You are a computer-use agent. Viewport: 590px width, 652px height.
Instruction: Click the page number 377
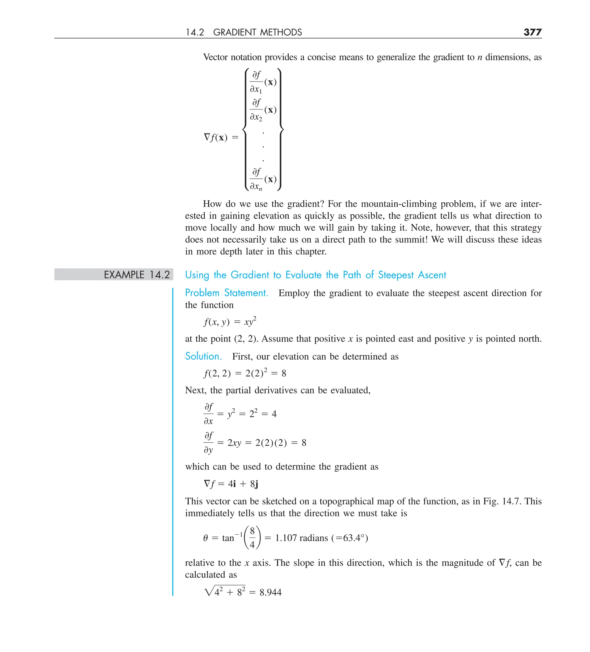[x=532, y=32]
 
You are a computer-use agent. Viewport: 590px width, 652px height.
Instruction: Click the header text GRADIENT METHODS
[x=257, y=32]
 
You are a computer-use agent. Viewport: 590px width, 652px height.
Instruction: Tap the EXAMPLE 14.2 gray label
[x=137, y=275]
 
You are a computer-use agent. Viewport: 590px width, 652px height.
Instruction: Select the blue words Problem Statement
[x=226, y=293]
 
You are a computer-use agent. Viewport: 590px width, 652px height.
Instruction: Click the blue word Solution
[x=203, y=356]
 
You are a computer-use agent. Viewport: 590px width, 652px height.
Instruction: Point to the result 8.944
[x=270, y=592]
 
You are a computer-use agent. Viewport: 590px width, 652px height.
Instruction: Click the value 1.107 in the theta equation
[x=285, y=538]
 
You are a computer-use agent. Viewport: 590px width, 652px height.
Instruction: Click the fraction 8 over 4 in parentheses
[x=252, y=538]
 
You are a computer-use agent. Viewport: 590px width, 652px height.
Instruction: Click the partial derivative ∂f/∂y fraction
[x=209, y=442]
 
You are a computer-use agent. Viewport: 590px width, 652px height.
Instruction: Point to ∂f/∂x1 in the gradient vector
[x=256, y=82]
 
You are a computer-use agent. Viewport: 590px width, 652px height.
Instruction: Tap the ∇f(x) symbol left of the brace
[x=216, y=137]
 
